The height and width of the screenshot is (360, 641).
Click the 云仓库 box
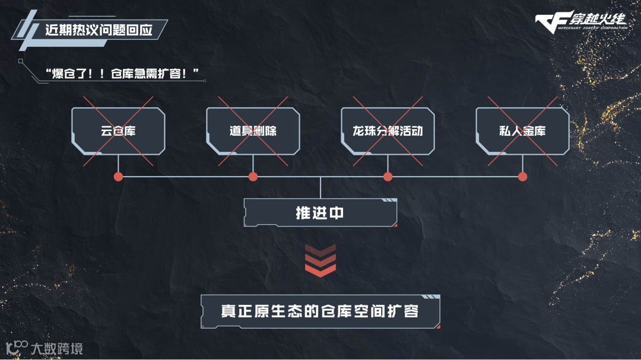pyautogui.click(x=118, y=131)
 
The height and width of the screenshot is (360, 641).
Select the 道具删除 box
pyautogui.click(x=253, y=131)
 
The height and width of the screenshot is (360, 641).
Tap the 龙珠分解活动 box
pyautogui.click(x=388, y=131)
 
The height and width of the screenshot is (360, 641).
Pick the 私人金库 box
pyautogui.click(x=522, y=131)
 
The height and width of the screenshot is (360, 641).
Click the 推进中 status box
pyautogui.click(x=320, y=213)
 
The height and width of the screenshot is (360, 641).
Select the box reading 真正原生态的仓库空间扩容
pyautogui.click(x=320, y=311)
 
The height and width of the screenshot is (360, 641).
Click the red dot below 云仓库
pyautogui.click(x=118, y=177)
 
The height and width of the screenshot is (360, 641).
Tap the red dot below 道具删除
pyautogui.click(x=253, y=177)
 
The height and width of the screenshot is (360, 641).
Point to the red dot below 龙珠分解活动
pyautogui.click(x=388, y=177)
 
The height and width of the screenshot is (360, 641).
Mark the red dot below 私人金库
pyautogui.click(x=522, y=177)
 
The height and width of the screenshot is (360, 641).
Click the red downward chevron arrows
pyautogui.click(x=320, y=260)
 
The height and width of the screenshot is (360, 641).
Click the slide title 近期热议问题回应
pyautogui.click(x=99, y=30)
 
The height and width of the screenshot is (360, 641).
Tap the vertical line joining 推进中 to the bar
pyautogui.click(x=320, y=187)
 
